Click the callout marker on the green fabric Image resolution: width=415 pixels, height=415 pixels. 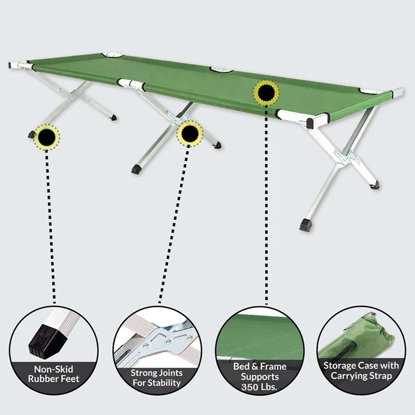pyautogui.click(x=266, y=93)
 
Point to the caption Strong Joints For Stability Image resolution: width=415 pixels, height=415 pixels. pyautogui.click(x=156, y=377)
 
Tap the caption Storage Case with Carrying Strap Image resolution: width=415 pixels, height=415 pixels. pyautogui.click(x=361, y=371)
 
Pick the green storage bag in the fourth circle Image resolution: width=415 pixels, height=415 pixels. pyautogui.click(x=365, y=336)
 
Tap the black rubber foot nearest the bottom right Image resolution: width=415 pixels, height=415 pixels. pyautogui.click(x=305, y=225)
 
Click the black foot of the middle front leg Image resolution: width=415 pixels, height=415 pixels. pyautogui.click(x=136, y=169)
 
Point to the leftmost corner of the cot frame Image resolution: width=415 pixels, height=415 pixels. pyautogui.click(x=12, y=65)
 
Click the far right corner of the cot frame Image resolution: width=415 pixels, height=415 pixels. pyautogui.click(x=399, y=92)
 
